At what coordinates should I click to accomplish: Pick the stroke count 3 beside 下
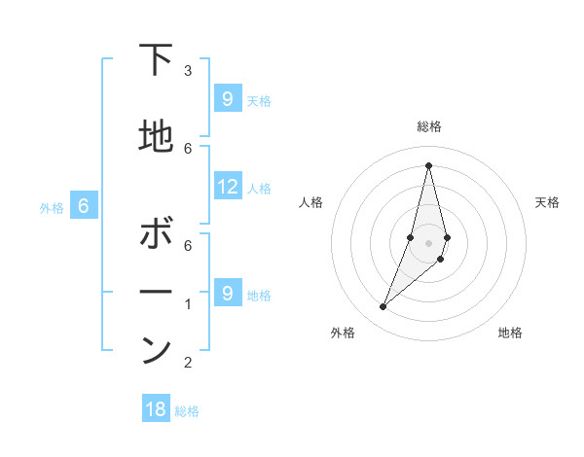[188, 71]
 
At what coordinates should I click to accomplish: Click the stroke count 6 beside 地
[188, 148]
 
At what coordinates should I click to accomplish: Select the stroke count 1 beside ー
[188, 304]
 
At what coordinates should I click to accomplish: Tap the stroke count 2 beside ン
[188, 363]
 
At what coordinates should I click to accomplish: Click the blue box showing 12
[228, 187]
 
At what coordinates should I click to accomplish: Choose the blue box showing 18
[156, 409]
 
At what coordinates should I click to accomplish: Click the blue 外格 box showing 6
[84, 206]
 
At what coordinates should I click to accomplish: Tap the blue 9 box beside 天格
[227, 99]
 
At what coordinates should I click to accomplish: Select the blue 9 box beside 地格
[227, 294]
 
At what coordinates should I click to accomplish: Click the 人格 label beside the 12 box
[259, 188]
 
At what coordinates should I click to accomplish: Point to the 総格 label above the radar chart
[428, 126]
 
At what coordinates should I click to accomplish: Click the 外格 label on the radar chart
[343, 334]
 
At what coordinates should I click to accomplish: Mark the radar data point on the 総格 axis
[428, 165]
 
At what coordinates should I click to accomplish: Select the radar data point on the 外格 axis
[383, 307]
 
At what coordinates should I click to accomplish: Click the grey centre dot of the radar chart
[428, 242]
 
